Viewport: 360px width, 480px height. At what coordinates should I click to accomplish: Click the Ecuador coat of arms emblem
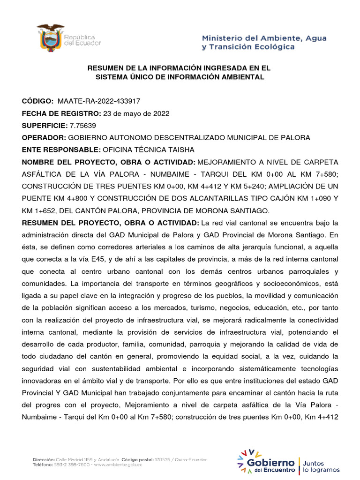pyautogui.click(x=51, y=37)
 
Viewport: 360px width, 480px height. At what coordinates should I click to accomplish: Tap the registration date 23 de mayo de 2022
pyautogui.click(x=136, y=113)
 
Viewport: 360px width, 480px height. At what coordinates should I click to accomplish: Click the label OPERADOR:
pyautogui.click(x=44, y=138)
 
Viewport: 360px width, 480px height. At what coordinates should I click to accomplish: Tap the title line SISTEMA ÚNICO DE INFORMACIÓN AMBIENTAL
pyautogui.click(x=180, y=77)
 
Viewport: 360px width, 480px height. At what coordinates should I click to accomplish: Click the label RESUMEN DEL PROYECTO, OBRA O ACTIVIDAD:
pyautogui.click(x=111, y=222)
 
